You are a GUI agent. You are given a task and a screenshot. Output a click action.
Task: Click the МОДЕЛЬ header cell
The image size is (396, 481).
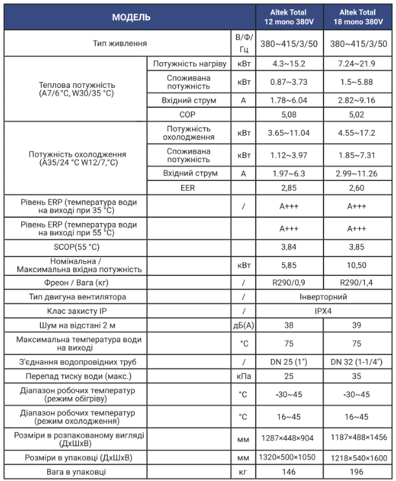pyautogui.click(x=131, y=17)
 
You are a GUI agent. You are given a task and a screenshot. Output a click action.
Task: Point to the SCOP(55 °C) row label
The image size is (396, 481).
pyautogui.click(x=77, y=247)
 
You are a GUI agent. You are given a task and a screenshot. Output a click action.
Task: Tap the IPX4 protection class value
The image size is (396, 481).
pyautogui.click(x=324, y=311)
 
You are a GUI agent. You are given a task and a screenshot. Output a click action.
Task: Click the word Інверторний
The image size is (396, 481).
pyautogui.click(x=324, y=297)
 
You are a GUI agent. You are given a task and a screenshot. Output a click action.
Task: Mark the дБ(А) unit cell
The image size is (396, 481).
pyautogui.click(x=244, y=325)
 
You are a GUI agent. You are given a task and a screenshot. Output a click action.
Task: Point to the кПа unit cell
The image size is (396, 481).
pyautogui.click(x=244, y=376)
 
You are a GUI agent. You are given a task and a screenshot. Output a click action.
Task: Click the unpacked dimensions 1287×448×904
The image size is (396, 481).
pyautogui.click(x=289, y=439)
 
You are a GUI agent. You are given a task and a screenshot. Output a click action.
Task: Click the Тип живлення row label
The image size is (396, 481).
pyautogui.click(x=119, y=43)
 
